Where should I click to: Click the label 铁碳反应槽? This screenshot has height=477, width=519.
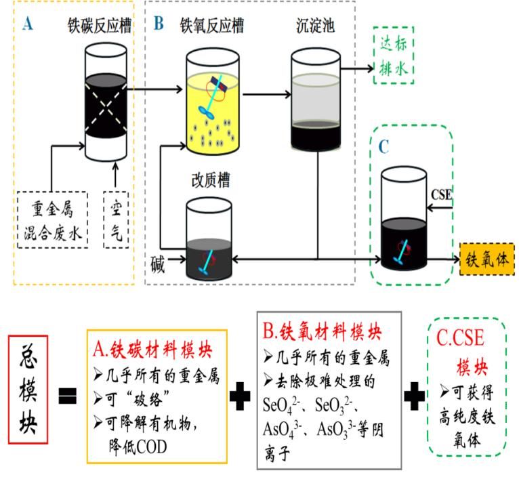pyautogui.click(x=98, y=26)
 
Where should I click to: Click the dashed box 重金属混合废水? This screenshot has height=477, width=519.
pyautogui.click(x=52, y=219)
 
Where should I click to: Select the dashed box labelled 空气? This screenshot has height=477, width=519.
pyautogui.click(x=115, y=218)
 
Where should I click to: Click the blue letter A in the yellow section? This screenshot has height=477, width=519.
pyautogui.click(x=28, y=24)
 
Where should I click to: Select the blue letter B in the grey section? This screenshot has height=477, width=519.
pyautogui.click(x=159, y=24)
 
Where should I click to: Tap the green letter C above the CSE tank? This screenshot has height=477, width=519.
pyautogui.click(x=383, y=146)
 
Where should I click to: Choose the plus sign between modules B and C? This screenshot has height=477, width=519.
pyautogui.click(x=414, y=397)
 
